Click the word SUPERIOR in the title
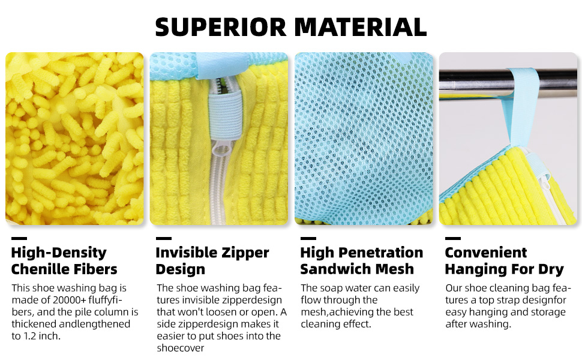tap(221, 27)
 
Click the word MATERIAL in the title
tap(361, 27)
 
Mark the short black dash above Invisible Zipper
tap(164, 238)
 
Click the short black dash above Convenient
tap(453, 238)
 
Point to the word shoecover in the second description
tap(181, 348)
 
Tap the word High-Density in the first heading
tap(59, 253)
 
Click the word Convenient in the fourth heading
tap(486, 253)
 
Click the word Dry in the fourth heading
tap(551, 269)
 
